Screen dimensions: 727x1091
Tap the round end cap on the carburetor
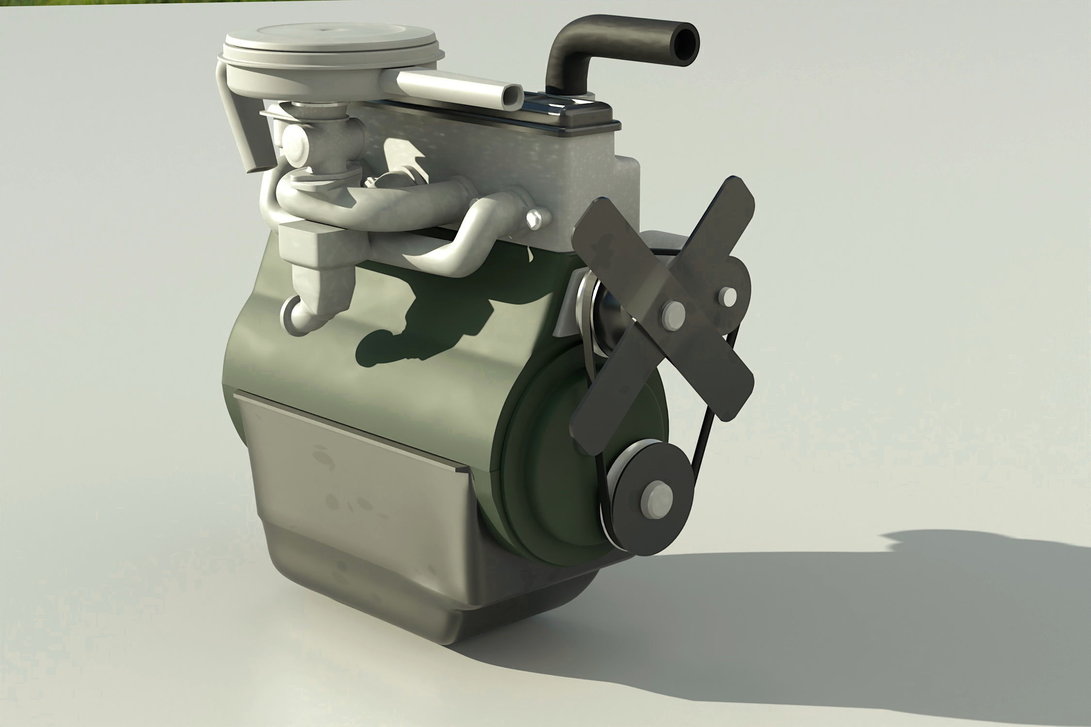tap(294, 141)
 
